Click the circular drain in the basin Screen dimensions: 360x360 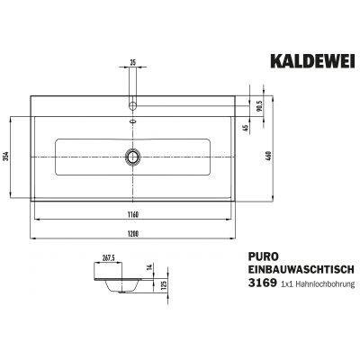(x=135, y=157)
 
